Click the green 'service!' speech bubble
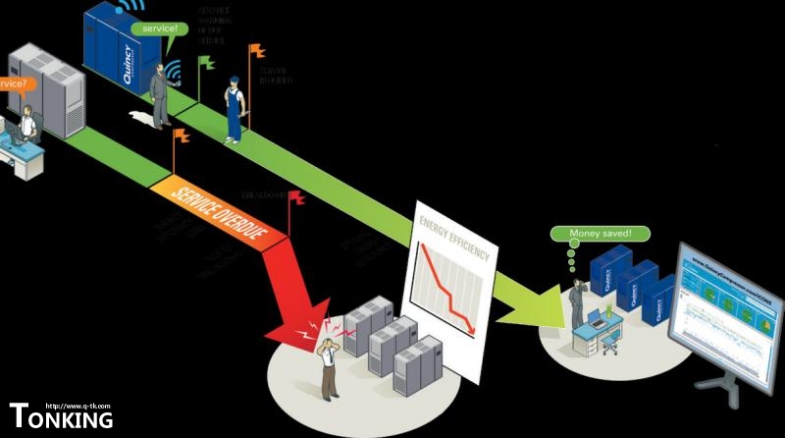pos(160,28)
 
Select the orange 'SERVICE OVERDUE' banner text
pos(217,210)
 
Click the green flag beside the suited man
pos(205,63)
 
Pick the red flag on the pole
pos(295,197)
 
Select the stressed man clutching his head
pos(327,363)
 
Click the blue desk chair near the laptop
pos(610,341)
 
